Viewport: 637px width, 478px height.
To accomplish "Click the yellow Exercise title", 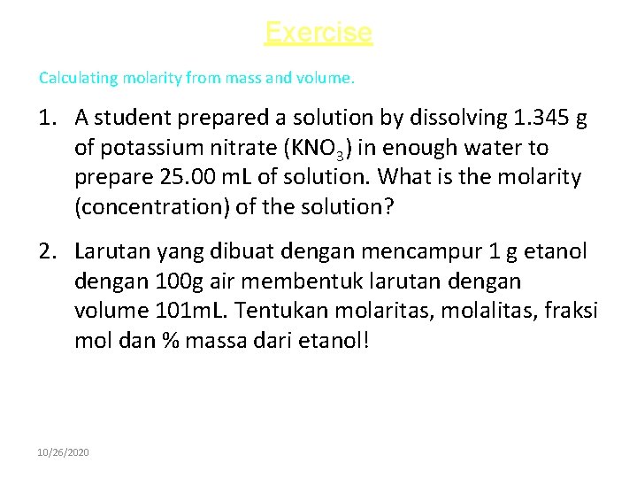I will pos(318,33).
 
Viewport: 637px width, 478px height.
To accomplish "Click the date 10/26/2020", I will pos(63,452).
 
